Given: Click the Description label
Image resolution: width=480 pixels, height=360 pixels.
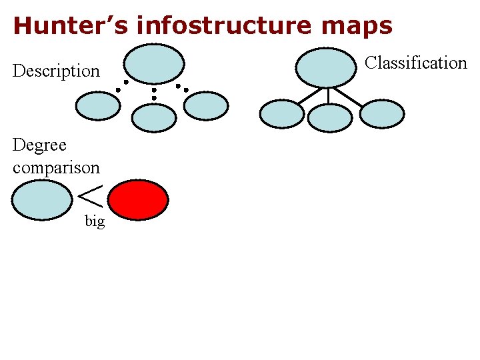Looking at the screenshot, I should coord(56,71).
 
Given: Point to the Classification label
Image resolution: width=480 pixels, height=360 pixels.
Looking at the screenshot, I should coord(416,63).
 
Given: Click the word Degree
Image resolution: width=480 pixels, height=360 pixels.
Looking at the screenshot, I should coord(40,145).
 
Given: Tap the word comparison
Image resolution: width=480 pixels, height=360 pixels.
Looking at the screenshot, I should coord(56,167).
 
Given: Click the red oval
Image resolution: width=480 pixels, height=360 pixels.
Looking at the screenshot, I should coord(138,199).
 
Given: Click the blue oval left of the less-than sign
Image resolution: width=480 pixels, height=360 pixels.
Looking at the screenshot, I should coord(41,201).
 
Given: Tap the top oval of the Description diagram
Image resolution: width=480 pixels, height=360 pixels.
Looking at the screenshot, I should coord(154,65).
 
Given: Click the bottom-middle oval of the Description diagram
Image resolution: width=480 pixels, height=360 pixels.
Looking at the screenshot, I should coord(154,118).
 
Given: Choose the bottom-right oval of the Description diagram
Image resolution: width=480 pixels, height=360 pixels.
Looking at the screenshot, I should coord(206,105).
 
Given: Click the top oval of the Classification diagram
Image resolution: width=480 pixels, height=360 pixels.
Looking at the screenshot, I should coord(325,67).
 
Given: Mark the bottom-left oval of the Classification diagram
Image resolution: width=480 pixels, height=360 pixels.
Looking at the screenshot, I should coord(281,113).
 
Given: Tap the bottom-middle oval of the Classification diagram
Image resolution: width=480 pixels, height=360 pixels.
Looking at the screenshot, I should coord(329,117).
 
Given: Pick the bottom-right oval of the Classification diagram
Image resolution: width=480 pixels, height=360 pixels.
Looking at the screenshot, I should coord(382,113).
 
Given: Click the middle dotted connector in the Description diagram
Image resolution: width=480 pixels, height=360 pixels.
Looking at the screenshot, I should coord(154,93).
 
